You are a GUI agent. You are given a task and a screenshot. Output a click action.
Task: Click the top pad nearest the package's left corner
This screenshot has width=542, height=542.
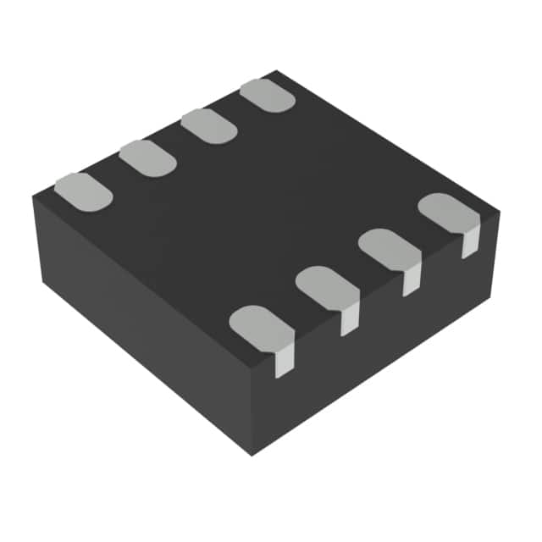click(x=83, y=191)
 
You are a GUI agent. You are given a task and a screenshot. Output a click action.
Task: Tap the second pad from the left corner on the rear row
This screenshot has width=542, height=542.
click(x=147, y=158)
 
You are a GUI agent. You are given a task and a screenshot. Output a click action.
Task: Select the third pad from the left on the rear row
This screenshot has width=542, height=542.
click(x=208, y=126)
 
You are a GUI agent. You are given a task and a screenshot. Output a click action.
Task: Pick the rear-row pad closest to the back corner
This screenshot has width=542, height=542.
click(x=268, y=96)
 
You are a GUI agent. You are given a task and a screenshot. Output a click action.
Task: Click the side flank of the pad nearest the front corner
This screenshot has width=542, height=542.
click(x=285, y=361)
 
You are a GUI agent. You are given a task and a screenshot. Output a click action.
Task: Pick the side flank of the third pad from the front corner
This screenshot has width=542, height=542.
click(x=411, y=281)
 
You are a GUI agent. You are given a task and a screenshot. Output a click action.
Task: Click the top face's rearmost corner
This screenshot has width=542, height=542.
click(x=276, y=72)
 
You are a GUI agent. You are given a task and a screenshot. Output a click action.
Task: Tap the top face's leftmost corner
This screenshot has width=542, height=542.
click(x=34, y=196)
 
